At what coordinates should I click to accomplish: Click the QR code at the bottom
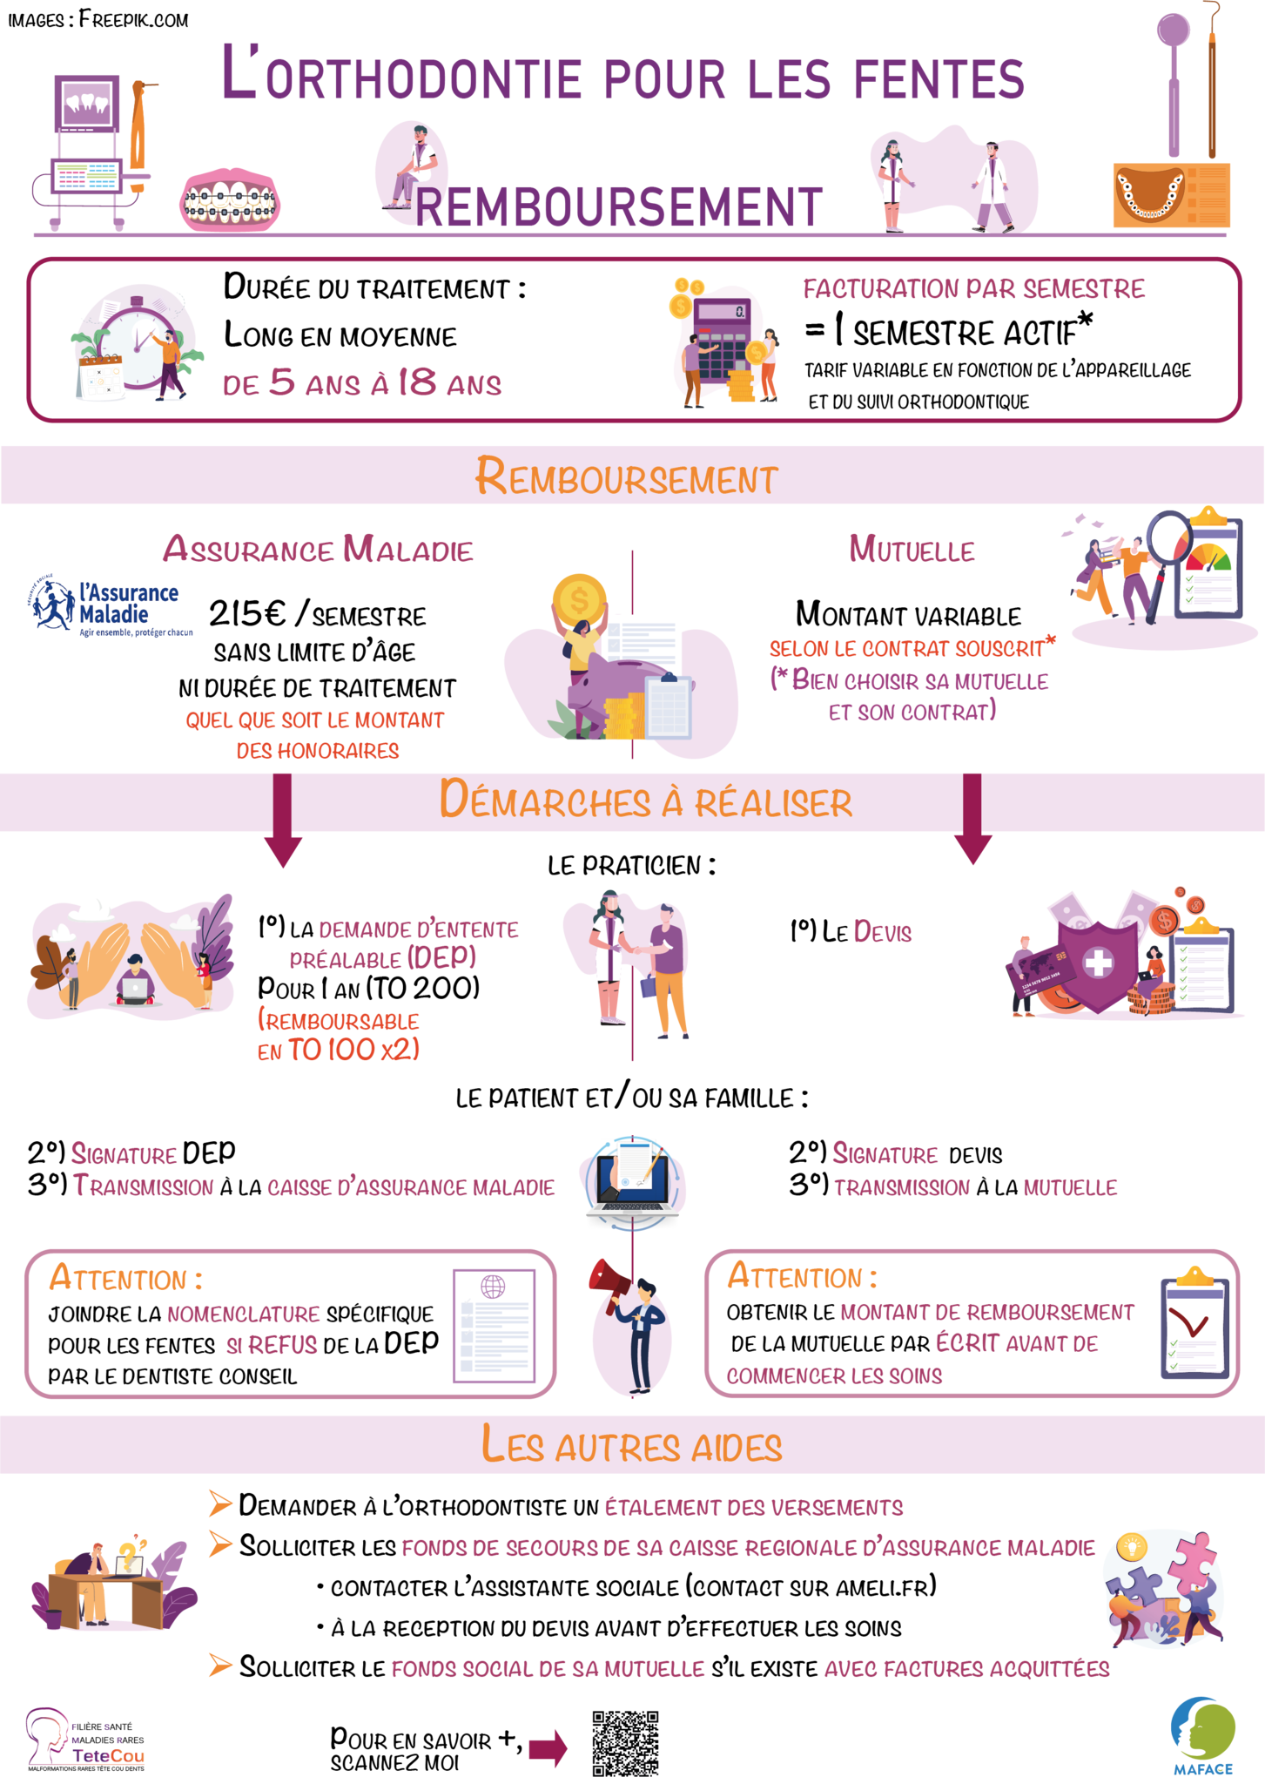(625, 1743)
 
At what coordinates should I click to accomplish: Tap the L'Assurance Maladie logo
(112, 605)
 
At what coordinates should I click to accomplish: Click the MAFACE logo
(1203, 1733)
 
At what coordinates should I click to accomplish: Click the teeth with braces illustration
(231, 202)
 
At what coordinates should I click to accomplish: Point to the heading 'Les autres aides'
(632, 1445)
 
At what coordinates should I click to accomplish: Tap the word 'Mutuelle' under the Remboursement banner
(912, 550)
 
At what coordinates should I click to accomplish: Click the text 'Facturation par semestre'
(973, 289)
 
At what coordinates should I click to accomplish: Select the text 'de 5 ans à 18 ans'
(361, 383)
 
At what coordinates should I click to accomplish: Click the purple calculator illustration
(721, 335)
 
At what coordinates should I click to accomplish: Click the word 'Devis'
(882, 932)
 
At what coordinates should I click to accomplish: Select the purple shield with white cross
(1099, 963)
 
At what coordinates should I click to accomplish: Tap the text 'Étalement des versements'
(754, 1507)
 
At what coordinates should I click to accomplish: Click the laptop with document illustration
(633, 1182)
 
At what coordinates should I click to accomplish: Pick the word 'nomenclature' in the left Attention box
(244, 1314)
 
